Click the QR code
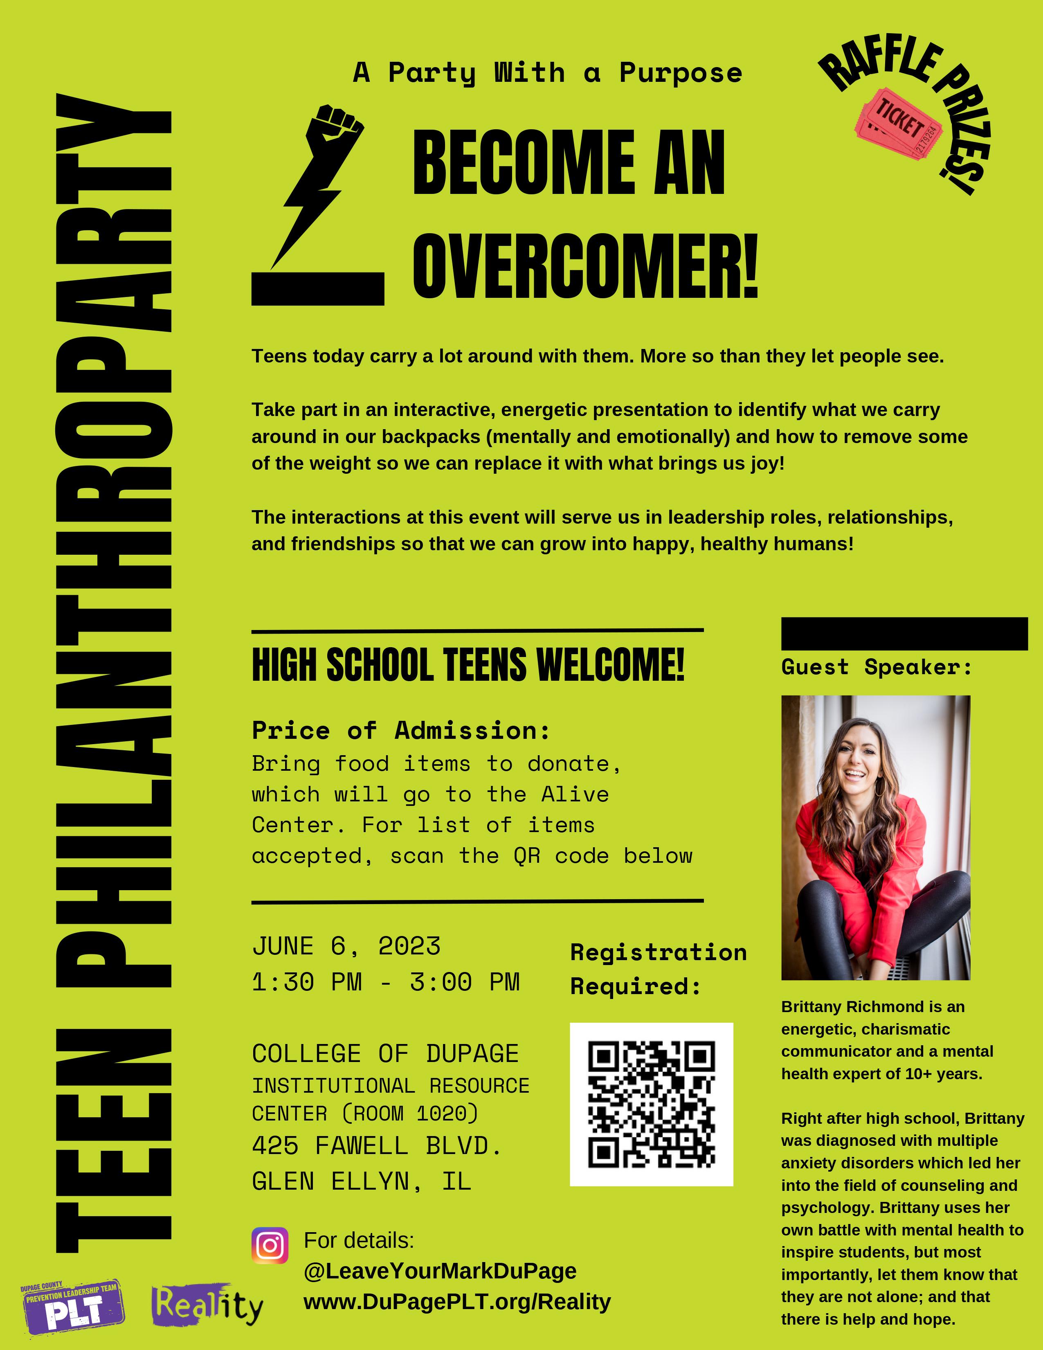tap(651, 1104)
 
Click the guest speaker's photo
tap(876, 837)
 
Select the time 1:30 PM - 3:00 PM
tap(386, 981)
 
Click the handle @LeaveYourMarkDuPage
tap(440, 1271)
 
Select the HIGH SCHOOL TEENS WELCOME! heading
tap(468, 665)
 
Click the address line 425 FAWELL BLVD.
tap(377, 1145)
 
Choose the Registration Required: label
tap(658, 969)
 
